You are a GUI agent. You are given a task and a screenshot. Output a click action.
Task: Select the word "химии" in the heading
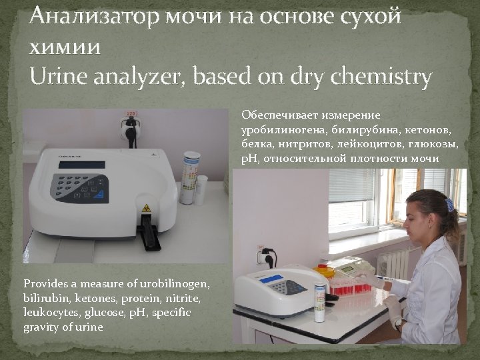click(x=65, y=47)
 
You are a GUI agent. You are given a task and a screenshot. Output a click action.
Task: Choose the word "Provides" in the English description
click(x=45, y=284)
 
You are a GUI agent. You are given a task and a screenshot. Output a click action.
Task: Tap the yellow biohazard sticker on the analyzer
click(x=145, y=208)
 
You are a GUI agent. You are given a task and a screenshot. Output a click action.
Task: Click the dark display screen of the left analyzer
click(x=82, y=164)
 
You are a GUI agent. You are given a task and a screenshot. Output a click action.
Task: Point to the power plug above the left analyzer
click(x=130, y=126)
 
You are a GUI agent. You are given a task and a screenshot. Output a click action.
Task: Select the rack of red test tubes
click(x=349, y=286)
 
